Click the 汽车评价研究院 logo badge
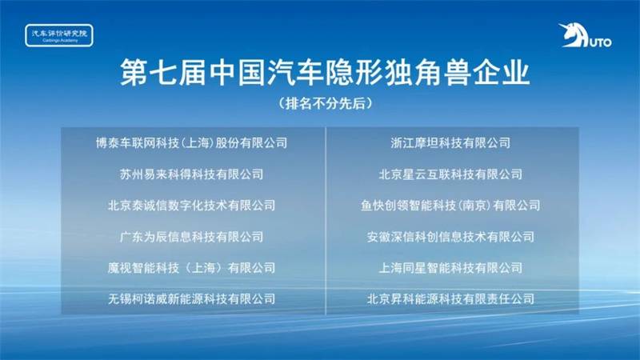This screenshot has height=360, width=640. (59, 35)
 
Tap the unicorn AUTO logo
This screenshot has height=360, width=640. (585, 35)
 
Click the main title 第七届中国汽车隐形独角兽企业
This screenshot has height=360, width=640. (325, 73)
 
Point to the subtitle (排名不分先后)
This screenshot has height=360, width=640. (326, 103)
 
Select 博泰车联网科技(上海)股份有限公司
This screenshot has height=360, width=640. (191, 143)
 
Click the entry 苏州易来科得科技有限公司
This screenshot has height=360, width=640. (191, 174)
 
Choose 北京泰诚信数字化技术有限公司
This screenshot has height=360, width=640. (191, 206)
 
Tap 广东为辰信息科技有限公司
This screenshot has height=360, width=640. (191, 237)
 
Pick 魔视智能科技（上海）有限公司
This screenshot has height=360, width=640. (191, 268)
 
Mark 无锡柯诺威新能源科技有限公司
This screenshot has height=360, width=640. (191, 299)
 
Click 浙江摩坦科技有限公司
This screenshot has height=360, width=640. (450, 143)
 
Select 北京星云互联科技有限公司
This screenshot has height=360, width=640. (450, 174)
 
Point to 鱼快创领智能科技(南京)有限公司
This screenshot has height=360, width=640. (450, 206)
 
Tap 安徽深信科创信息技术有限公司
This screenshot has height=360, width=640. (450, 237)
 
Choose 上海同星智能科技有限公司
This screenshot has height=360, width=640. (450, 268)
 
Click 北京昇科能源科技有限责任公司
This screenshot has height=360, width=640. (450, 299)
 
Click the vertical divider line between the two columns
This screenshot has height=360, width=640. (326, 221)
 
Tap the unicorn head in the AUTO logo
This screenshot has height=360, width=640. (573, 35)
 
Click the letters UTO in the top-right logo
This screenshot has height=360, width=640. (601, 42)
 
